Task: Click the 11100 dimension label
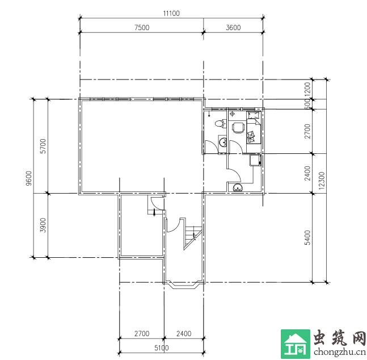171,14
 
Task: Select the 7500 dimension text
142,27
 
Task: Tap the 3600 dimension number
233,27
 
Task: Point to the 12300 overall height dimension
322,181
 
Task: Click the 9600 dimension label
28,178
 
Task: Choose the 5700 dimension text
43,146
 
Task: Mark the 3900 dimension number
43,225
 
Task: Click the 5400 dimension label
307,238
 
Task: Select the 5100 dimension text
162,348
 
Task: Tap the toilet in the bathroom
220,124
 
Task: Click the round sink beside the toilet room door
222,142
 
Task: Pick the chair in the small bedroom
238,128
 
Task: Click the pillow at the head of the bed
254,115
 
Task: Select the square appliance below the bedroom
255,160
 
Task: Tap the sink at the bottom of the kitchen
238,187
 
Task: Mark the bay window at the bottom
184,284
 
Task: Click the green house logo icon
296,344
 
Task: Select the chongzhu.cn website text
340,352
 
